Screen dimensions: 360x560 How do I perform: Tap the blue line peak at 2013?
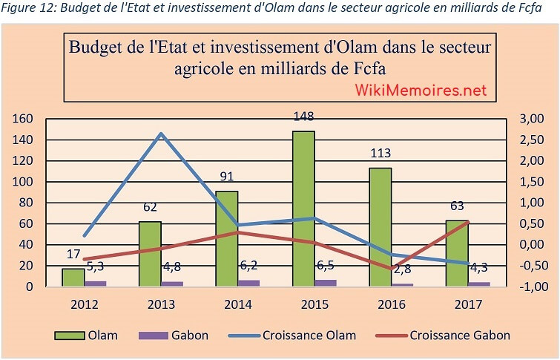coord(161,134)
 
